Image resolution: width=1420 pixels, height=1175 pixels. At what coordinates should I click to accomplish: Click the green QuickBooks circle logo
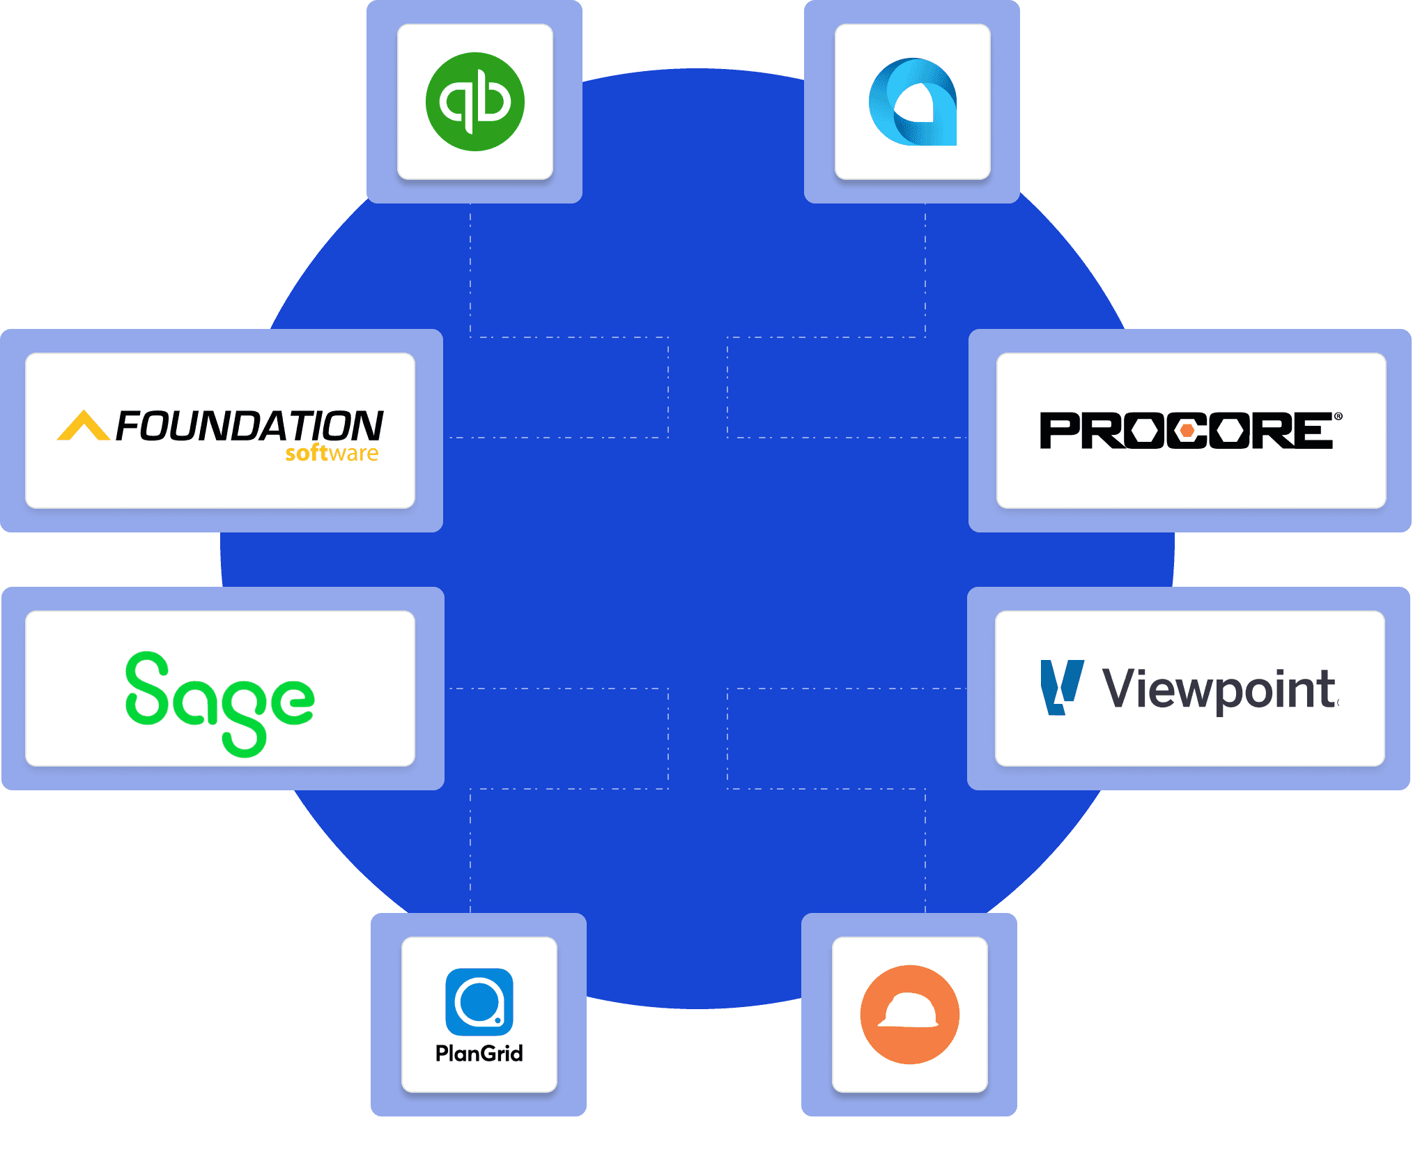coord(475,102)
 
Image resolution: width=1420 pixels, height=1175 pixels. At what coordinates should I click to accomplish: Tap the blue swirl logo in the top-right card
coord(913,102)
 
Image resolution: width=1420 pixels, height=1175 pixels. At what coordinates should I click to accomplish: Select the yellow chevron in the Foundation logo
coord(83,426)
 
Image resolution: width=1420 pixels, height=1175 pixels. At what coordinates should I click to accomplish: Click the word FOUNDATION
coord(249,425)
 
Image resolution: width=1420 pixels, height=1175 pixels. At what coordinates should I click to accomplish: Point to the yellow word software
coord(332,454)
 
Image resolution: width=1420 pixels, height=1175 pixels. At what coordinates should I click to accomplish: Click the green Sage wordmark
coord(219,700)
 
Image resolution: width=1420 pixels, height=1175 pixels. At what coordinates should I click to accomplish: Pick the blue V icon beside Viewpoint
coord(1061,687)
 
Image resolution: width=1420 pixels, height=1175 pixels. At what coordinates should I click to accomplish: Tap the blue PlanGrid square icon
coord(479,1002)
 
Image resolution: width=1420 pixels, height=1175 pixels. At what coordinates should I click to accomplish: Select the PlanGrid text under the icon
coord(479,1053)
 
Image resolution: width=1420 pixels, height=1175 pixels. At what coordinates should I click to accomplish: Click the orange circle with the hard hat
coord(910,1015)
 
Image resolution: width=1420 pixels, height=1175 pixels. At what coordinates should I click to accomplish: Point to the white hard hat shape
coord(909,1011)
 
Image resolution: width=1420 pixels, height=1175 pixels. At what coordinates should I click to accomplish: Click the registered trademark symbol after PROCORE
coord(1338,417)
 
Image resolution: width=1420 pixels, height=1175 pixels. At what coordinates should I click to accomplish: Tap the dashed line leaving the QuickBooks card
coord(470,272)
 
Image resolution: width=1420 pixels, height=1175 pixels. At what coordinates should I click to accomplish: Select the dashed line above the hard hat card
coord(925,850)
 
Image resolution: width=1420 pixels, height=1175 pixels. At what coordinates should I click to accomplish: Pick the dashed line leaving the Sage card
coord(557,689)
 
